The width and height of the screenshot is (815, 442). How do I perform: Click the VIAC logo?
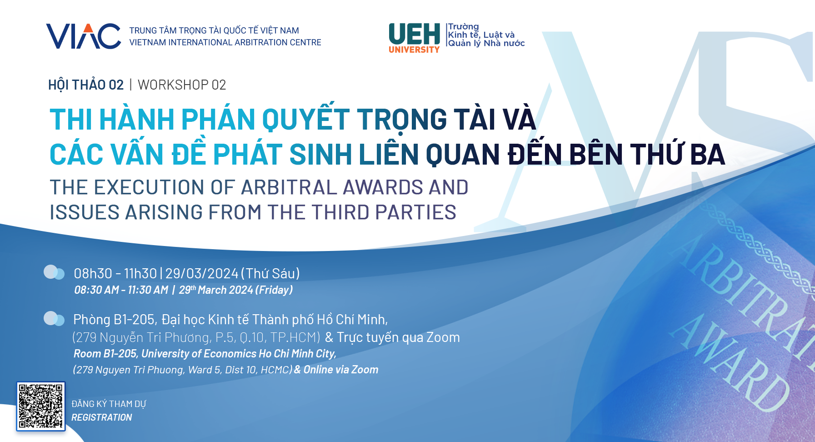coord(84,36)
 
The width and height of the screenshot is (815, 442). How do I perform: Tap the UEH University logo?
coord(414,38)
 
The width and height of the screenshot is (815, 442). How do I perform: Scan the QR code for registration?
coord(41,406)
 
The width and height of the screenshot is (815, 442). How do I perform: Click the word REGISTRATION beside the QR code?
coord(102,417)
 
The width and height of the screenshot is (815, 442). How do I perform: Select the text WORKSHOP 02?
coord(182,85)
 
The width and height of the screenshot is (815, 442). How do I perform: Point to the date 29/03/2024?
coord(202,273)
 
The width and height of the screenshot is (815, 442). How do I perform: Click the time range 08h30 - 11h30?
coord(115,273)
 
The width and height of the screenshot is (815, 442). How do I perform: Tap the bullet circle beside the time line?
coord(54,272)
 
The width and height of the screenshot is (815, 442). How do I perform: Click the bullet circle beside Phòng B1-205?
coord(54,319)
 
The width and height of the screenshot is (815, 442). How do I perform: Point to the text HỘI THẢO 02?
coord(86,85)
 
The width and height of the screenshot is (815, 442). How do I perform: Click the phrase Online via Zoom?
coord(341,370)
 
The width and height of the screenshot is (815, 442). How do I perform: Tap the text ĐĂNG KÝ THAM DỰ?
coord(109,404)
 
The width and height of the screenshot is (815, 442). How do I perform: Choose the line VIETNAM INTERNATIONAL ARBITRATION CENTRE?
coord(225,42)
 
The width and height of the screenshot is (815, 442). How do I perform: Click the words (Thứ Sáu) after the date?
coord(270,273)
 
